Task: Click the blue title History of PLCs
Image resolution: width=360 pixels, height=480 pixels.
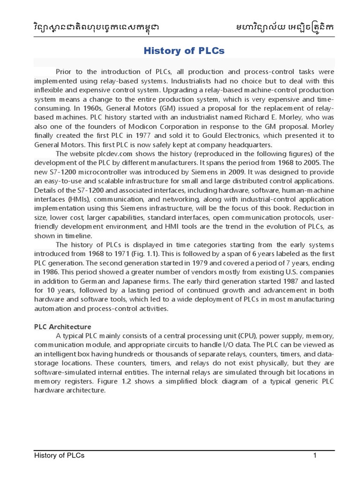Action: pos(184,51)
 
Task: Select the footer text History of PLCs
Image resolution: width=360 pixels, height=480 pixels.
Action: pos(60,455)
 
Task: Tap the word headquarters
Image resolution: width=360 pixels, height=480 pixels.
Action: pos(248,144)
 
